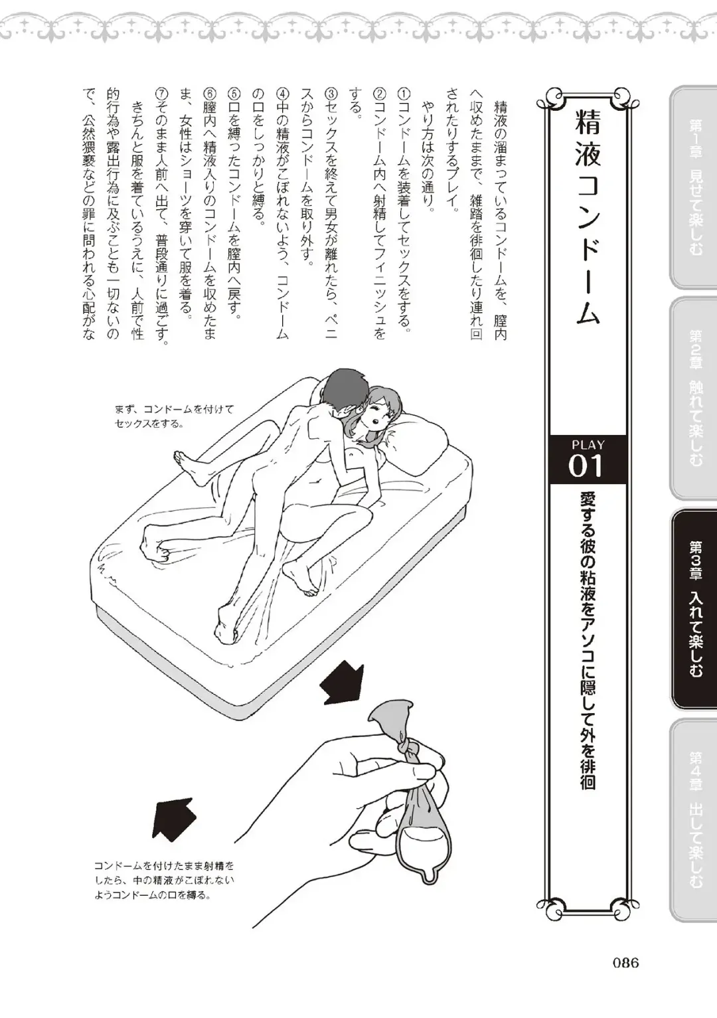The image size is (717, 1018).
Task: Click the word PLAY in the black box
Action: pyautogui.click(x=588, y=445)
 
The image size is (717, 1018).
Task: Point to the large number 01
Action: pyautogui.click(x=586, y=466)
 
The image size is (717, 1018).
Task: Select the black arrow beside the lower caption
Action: pyautogui.click(x=174, y=820)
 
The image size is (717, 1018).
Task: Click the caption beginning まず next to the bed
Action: pyautogui.click(x=174, y=416)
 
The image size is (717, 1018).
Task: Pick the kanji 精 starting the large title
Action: pyautogui.click(x=588, y=122)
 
